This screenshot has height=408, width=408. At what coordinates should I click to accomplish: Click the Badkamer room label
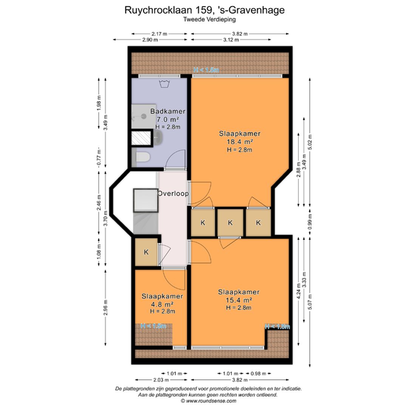tap(168, 111)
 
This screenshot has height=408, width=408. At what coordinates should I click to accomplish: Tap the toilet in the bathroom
tap(143, 157)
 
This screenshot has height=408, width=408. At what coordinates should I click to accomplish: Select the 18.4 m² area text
tap(240, 142)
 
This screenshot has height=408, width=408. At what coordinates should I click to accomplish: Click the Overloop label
tap(173, 193)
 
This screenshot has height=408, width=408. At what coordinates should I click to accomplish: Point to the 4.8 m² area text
tap(162, 304)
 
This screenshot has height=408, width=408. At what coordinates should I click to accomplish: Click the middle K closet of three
tap(230, 223)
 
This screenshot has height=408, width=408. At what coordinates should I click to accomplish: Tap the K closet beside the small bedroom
tap(146, 252)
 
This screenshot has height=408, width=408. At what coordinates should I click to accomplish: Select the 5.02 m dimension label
tap(310, 142)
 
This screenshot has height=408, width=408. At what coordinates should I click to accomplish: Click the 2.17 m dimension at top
tap(159, 34)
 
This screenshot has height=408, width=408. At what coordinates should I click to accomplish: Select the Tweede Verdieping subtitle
tap(204, 20)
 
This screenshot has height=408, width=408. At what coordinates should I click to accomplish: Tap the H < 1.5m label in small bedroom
tap(153, 326)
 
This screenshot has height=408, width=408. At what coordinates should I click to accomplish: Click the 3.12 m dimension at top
tap(230, 40)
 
